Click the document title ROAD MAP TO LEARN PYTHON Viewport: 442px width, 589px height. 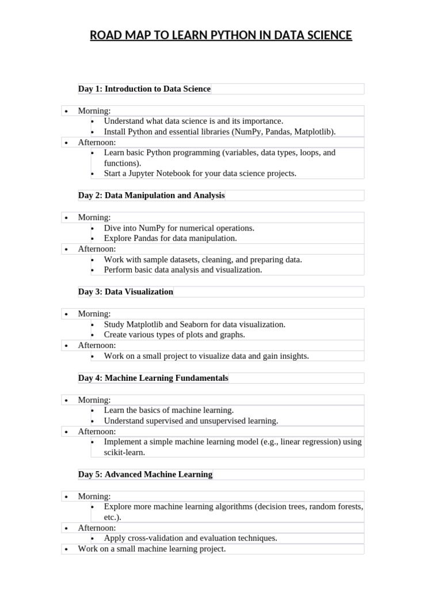(221, 36)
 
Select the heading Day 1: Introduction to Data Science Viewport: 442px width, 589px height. (144, 89)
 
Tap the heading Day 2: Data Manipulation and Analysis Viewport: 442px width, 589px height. (151, 195)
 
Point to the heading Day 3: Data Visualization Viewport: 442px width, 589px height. (125, 292)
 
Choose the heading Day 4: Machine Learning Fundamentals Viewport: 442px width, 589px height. (153, 378)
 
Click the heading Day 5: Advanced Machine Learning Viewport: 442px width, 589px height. (145, 475)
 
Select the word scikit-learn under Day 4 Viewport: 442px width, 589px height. (124, 452)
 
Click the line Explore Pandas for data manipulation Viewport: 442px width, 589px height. (170, 238)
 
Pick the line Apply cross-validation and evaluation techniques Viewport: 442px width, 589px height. (190, 538)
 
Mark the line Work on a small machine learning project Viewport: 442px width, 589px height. (152, 549)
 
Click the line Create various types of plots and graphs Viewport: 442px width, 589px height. (174, 335)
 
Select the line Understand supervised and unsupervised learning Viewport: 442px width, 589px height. (191, 421)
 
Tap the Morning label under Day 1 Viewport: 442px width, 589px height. (94, 110)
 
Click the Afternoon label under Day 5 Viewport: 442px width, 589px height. (97, 527)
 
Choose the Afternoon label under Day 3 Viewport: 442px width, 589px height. (97, 345)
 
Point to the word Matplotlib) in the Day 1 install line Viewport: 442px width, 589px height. (314, 132)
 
